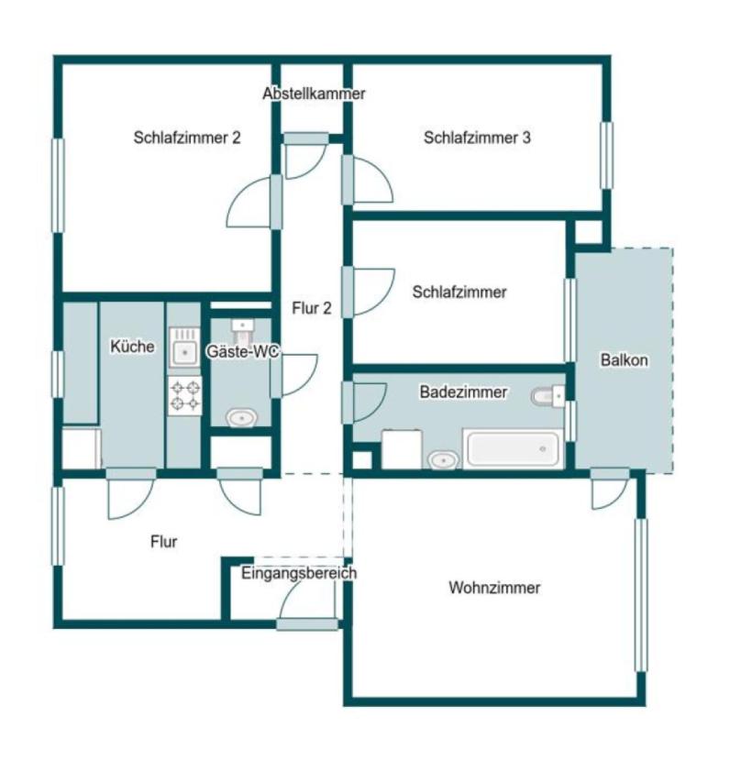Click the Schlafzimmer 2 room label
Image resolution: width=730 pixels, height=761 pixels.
coord(187,138)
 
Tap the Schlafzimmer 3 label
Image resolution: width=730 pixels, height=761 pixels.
coord(477,138)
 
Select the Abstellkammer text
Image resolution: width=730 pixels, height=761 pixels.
coord(314,94)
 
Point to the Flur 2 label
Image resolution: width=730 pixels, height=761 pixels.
coord(312,308)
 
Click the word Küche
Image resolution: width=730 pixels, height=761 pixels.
coord(132,346)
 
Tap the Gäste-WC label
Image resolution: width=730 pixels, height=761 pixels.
coord(243,351)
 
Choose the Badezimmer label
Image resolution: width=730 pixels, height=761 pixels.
coord(463,392)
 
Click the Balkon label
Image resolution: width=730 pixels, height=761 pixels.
coord(625,360)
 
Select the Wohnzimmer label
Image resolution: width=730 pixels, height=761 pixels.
coord(494,588)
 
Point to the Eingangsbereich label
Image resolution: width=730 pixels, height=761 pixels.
coord(299,573)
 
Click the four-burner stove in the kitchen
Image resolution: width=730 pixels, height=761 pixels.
coord(185,395)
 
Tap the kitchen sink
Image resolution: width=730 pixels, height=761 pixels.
coord(184,347)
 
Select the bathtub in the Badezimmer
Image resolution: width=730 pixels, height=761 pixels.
coord(514,449)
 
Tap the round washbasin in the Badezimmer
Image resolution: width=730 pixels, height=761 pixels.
coord(443,459)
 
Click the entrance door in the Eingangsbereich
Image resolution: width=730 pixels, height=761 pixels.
coord(307,624)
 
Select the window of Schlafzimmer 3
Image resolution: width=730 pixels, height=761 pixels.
coord(606,155)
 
